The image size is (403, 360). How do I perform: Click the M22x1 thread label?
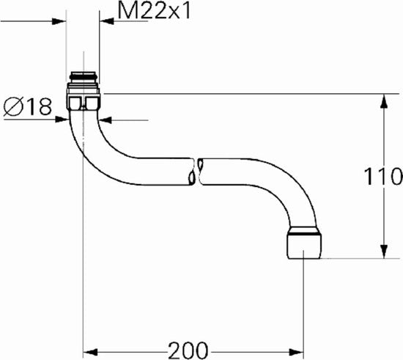point(154,11)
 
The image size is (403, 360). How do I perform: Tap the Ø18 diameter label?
point(28,106)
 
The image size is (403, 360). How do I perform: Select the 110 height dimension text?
point(383,176)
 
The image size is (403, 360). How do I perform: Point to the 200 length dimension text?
point(188,350)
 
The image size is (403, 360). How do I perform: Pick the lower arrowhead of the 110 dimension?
point(384,251)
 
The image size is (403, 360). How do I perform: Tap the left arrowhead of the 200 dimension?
point(90,352)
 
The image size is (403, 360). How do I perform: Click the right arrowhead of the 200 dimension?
point(297,352)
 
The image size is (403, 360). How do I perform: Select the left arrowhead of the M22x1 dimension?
point(59,21)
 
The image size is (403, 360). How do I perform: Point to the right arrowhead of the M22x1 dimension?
point(106,21)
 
